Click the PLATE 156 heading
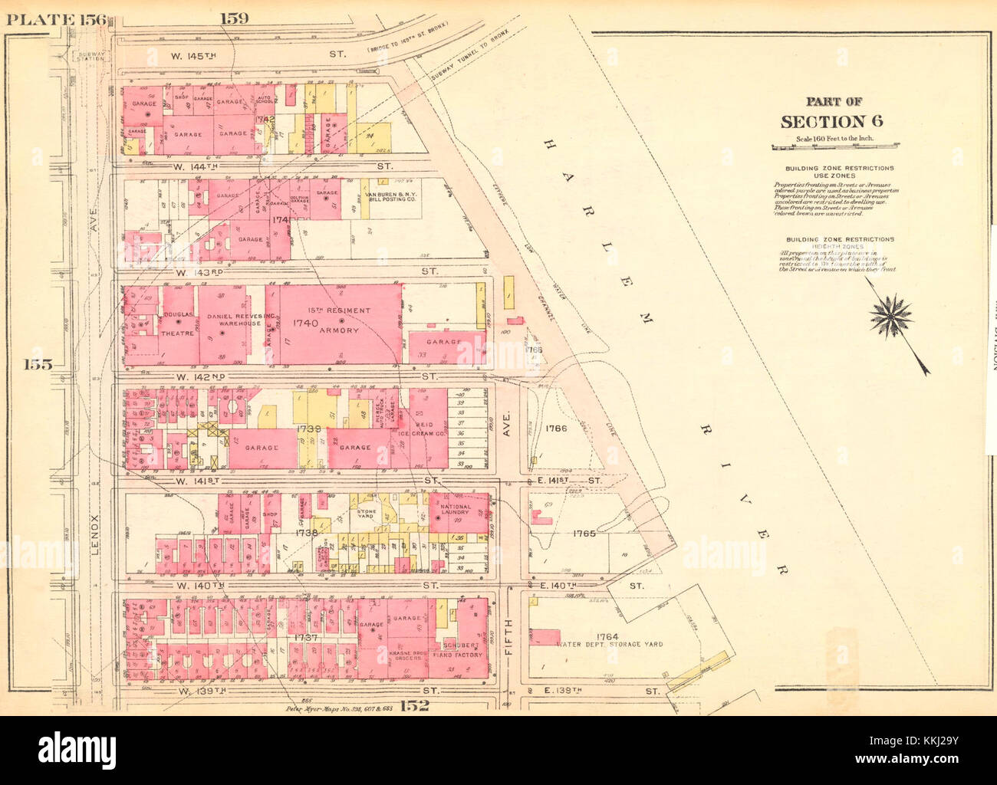pos(58,19)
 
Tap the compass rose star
pos(892,314)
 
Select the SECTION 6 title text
pos(832,121)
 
